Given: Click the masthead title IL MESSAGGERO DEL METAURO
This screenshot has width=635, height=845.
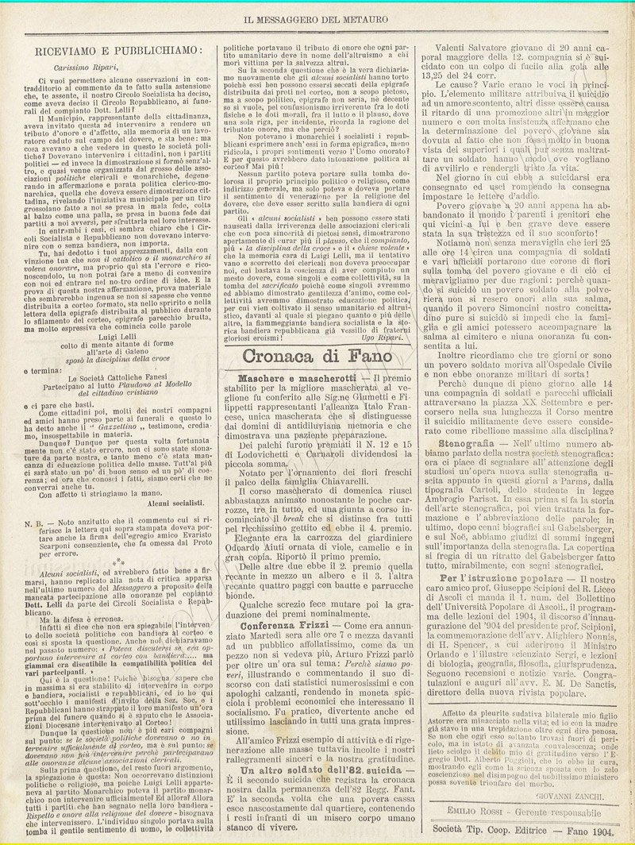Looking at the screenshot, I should (317, 17).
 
